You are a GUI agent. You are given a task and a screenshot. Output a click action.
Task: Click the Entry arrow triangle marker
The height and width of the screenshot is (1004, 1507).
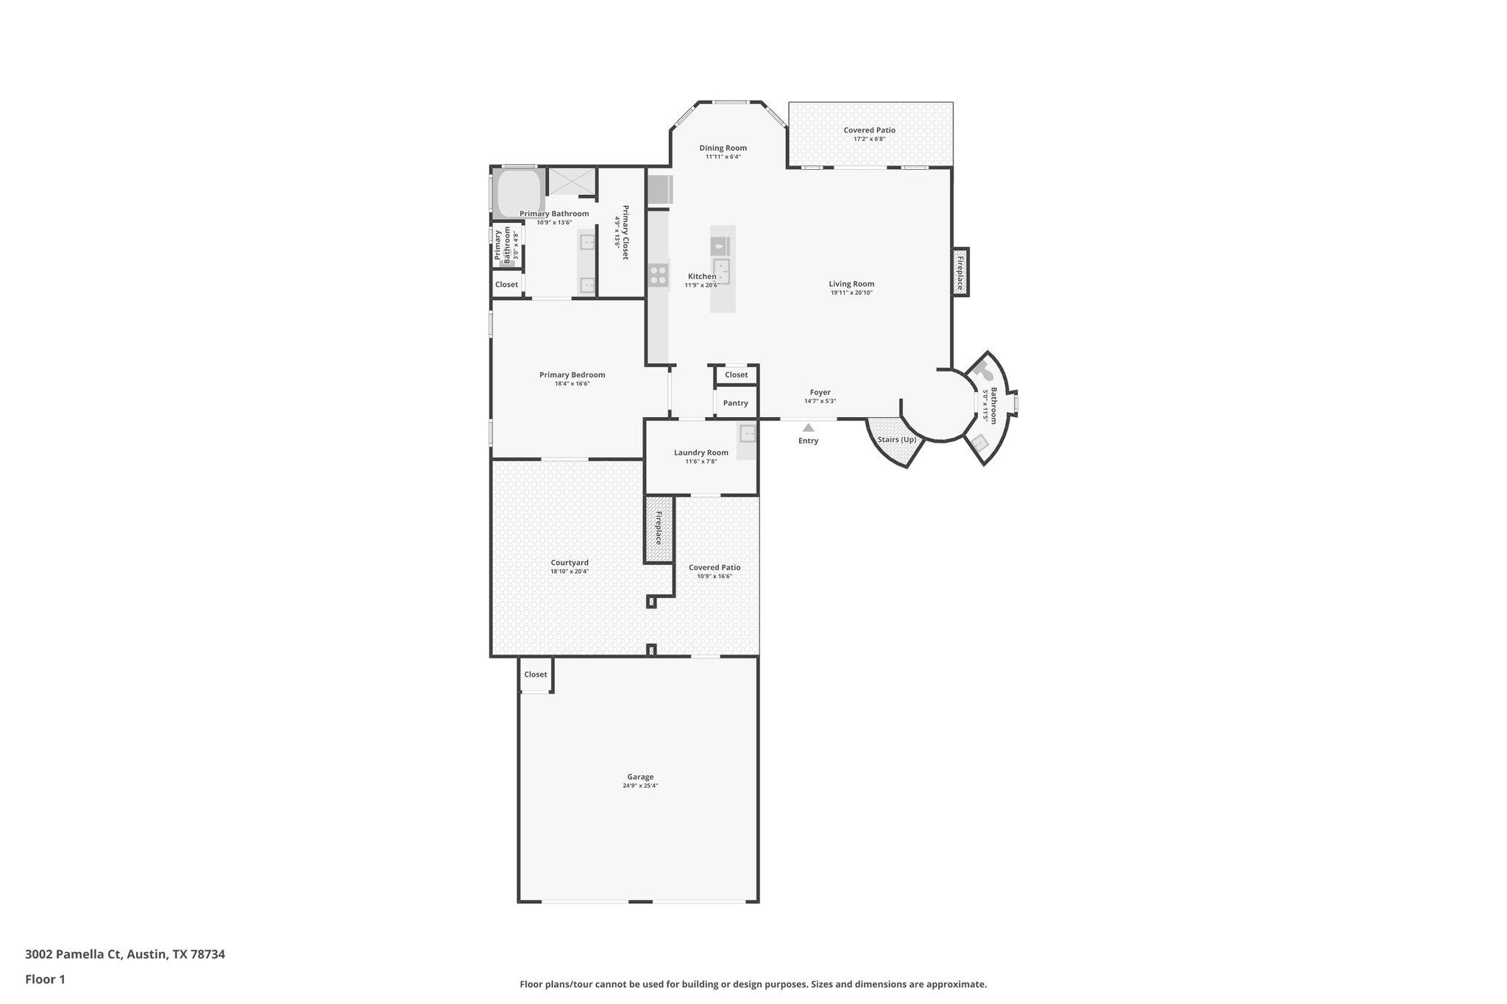808,427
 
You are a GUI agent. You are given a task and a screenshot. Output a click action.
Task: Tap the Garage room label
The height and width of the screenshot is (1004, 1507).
640,777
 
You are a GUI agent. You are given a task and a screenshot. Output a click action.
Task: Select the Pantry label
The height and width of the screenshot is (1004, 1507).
735,403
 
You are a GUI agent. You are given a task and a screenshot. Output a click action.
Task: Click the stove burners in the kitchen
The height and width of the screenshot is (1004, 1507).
658,275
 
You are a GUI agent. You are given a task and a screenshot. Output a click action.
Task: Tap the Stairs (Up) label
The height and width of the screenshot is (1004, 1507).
896,440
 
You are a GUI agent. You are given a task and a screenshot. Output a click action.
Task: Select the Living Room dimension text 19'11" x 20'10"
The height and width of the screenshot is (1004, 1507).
851,293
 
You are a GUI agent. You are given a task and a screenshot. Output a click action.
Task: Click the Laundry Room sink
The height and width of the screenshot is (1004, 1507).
748,433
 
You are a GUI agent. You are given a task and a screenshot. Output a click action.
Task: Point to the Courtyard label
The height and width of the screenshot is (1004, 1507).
570,563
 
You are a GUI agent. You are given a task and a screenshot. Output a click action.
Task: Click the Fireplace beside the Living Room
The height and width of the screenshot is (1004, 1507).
960,272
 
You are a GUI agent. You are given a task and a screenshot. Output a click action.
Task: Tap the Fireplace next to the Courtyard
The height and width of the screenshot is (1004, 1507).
659,528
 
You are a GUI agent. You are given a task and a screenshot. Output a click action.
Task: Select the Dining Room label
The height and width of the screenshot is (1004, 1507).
723,148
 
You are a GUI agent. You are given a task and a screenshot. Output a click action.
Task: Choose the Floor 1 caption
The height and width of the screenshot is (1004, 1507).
45,979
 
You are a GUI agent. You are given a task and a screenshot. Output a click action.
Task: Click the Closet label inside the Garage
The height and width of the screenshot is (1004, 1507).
535,674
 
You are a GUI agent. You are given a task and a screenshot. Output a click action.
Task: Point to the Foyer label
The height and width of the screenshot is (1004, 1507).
820,393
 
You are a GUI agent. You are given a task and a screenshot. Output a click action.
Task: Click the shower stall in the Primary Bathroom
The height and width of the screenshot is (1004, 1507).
572,182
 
